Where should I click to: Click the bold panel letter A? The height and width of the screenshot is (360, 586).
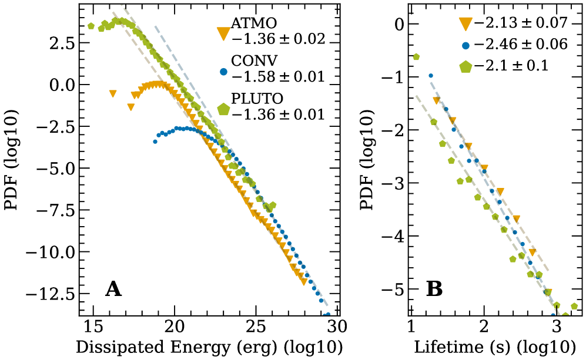pos(114,289)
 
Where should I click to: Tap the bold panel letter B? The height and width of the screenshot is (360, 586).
pos(434,289)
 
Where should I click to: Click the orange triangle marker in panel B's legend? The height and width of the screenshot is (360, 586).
pos(466,23)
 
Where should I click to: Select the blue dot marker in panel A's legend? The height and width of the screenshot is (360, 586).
pos(223,72)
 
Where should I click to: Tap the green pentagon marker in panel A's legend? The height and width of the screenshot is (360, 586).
pos(223,109)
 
